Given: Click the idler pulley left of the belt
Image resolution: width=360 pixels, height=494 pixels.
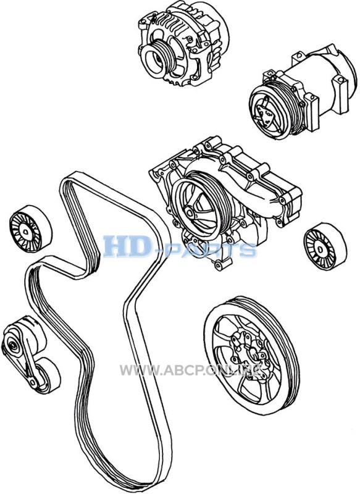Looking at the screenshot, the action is tap(30, 228).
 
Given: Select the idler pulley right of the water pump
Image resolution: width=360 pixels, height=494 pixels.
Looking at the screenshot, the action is tap(325, 246).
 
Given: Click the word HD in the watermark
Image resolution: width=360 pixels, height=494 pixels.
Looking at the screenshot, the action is tap(127, 246).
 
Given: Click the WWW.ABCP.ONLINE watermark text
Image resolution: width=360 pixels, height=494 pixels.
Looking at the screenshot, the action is tap(191, 369).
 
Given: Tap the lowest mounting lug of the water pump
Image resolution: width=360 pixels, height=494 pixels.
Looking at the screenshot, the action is tap(220, 265).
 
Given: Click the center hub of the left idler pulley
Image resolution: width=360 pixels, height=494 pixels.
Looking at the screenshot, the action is tap(25, 232).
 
